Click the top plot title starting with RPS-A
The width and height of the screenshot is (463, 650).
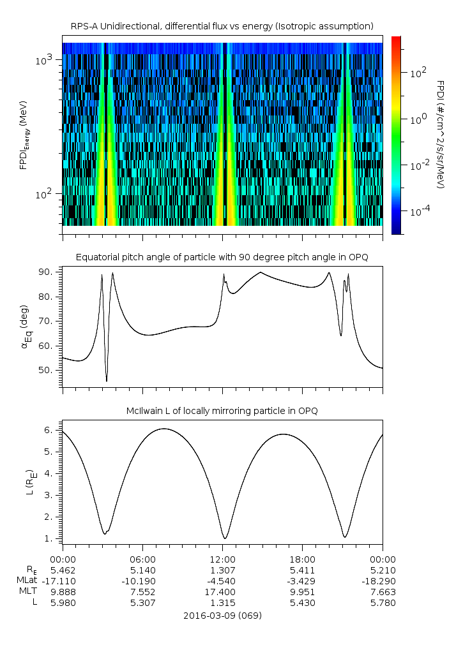(x=222, y=26)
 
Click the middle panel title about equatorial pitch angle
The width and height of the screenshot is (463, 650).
(x=222, y=257)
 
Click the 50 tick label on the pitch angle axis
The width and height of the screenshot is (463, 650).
(x=50, y=370)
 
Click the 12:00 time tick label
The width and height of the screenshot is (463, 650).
(x=223, y=559)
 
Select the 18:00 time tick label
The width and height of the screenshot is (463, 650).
(x=303, y=559)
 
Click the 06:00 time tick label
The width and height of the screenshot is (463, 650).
(x=142, y=559)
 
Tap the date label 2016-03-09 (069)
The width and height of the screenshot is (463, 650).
(x=222, y=616)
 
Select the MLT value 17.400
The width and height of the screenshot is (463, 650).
(x=223, y=591)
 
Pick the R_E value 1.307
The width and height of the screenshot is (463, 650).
(x=223, y=570)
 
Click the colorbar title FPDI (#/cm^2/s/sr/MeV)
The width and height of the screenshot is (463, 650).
(x=441, y=135)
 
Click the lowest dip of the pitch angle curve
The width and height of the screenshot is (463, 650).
(x=107, y=381)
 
